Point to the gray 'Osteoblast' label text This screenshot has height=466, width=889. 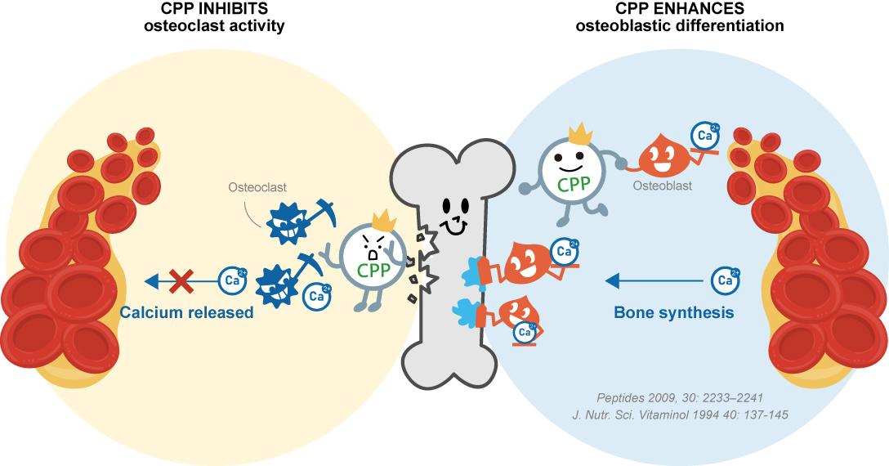pos(663,186)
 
